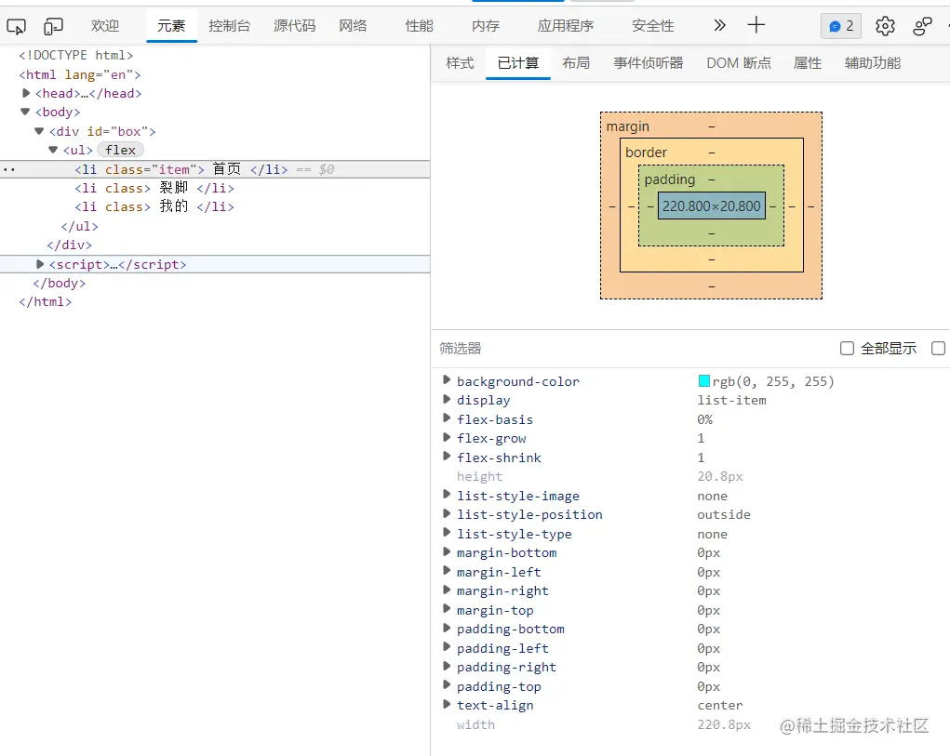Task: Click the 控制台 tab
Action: point(229,26)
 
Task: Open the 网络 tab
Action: point(353,26)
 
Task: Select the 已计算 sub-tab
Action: point(518,63)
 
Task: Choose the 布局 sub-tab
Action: point(576,63)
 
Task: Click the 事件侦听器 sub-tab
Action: point(649,63)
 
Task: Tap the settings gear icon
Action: point(885,26)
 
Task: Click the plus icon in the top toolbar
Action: point(756,25)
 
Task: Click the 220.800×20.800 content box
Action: point(712,206)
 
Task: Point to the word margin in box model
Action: point(628,126)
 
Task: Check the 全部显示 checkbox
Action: point(847,349)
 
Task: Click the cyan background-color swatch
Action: point(704,381)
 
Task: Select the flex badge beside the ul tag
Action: point(120,150)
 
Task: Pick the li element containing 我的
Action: point(154,206)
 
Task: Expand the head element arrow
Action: point(26,93)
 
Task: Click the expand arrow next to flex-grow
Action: point(447,438)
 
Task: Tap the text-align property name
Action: point(495,705)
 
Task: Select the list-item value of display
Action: point(731,400)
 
